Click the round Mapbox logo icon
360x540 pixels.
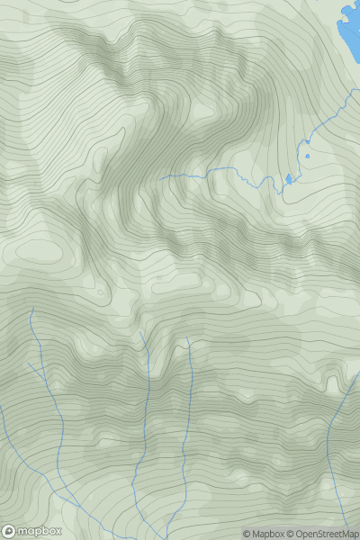tap(9, 532)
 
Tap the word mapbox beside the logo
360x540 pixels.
tap(32, 532)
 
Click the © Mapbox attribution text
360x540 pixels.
tap(264, 534)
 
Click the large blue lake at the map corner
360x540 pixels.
tap(350, 27)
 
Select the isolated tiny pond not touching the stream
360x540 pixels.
tap(307, 156)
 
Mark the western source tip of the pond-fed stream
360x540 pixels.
tap(160, 178)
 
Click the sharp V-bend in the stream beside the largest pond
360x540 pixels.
tap(273, 188)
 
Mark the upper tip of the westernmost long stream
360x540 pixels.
tap(32, 307)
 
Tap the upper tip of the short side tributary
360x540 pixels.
tap(29, 364)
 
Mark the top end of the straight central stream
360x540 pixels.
tap(189, 339)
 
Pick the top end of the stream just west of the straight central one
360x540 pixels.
tap(140, 332)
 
